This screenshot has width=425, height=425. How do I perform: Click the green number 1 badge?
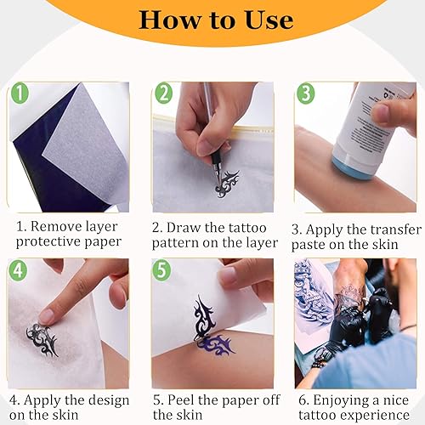coord(20,93)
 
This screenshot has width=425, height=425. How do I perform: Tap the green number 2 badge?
coord(164,93)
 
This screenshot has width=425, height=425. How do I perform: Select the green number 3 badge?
coord(306,93)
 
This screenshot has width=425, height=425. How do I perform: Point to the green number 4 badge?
coord(18,269)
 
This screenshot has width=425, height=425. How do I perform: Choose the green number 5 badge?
coord(161,270)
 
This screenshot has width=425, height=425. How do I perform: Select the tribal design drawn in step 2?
coord(227,184)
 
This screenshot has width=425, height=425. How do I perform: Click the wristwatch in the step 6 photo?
coord(322,354)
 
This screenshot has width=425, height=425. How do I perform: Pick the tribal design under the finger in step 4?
coord(42,340)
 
